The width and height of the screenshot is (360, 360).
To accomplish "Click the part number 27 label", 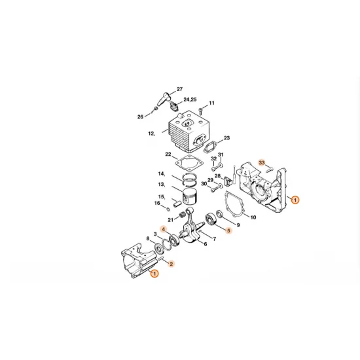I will [179, 88].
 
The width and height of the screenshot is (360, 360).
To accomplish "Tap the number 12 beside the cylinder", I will [151, 134].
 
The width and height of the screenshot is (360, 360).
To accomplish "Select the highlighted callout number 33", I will [262, 162].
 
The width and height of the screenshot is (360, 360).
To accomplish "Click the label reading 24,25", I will [190, 99].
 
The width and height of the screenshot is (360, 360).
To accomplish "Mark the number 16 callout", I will [157, 203].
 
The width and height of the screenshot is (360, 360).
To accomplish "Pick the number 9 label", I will [238, 225].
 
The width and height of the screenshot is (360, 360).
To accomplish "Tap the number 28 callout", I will [217, 176].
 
